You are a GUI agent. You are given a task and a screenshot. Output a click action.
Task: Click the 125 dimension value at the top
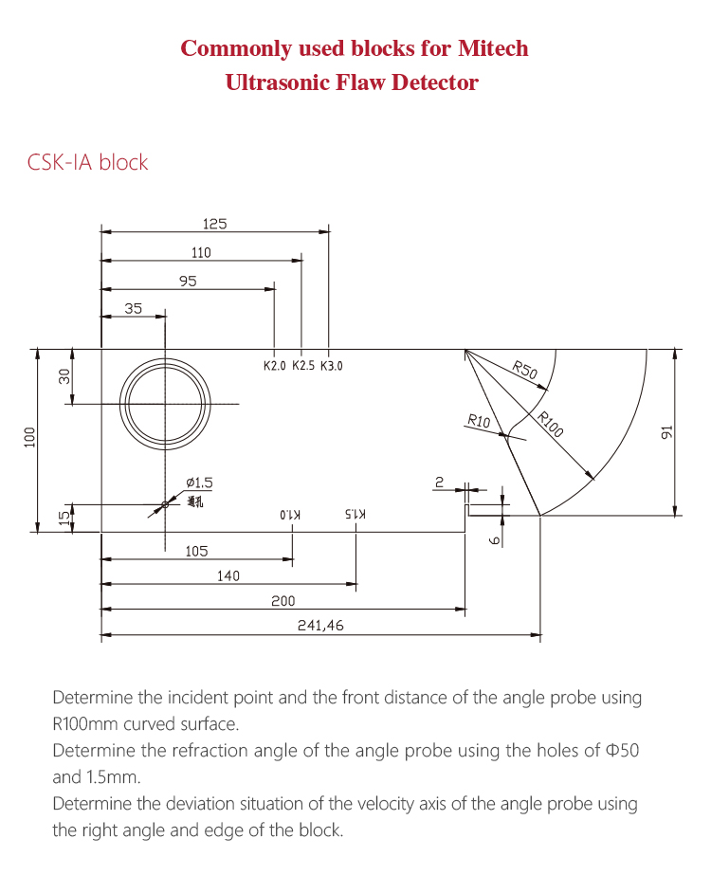(x=214, y=225)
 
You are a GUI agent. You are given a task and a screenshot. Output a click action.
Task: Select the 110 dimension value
(x=200, y=253)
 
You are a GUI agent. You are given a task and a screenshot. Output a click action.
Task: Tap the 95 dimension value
(x=187, y=281)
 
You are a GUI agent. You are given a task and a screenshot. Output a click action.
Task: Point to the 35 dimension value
(x=133, y=308)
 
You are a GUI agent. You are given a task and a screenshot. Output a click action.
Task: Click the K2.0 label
(x=275, y=366)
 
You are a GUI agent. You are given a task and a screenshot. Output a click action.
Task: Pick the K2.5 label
(x=303, y=366)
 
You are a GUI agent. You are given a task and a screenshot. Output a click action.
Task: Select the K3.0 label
(x=332, y=366)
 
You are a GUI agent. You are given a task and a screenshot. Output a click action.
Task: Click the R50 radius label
(x=525, y=371)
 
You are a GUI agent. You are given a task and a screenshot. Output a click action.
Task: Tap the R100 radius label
(x=550, y=424)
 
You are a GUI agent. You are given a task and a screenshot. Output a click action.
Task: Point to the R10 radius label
(x=479, y=422)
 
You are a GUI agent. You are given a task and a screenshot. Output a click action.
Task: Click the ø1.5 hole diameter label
(x=199, y=483)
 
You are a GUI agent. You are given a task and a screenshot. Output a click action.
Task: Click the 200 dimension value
(x=283, y=601)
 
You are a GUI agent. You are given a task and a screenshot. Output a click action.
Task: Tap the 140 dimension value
(x=228, y=575)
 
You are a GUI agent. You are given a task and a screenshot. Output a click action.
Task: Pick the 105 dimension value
(x=196, y=551)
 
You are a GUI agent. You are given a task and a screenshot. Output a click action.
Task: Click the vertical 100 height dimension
(x=29, y=437)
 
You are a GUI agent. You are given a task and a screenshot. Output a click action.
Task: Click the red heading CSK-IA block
(x=88, y=162)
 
